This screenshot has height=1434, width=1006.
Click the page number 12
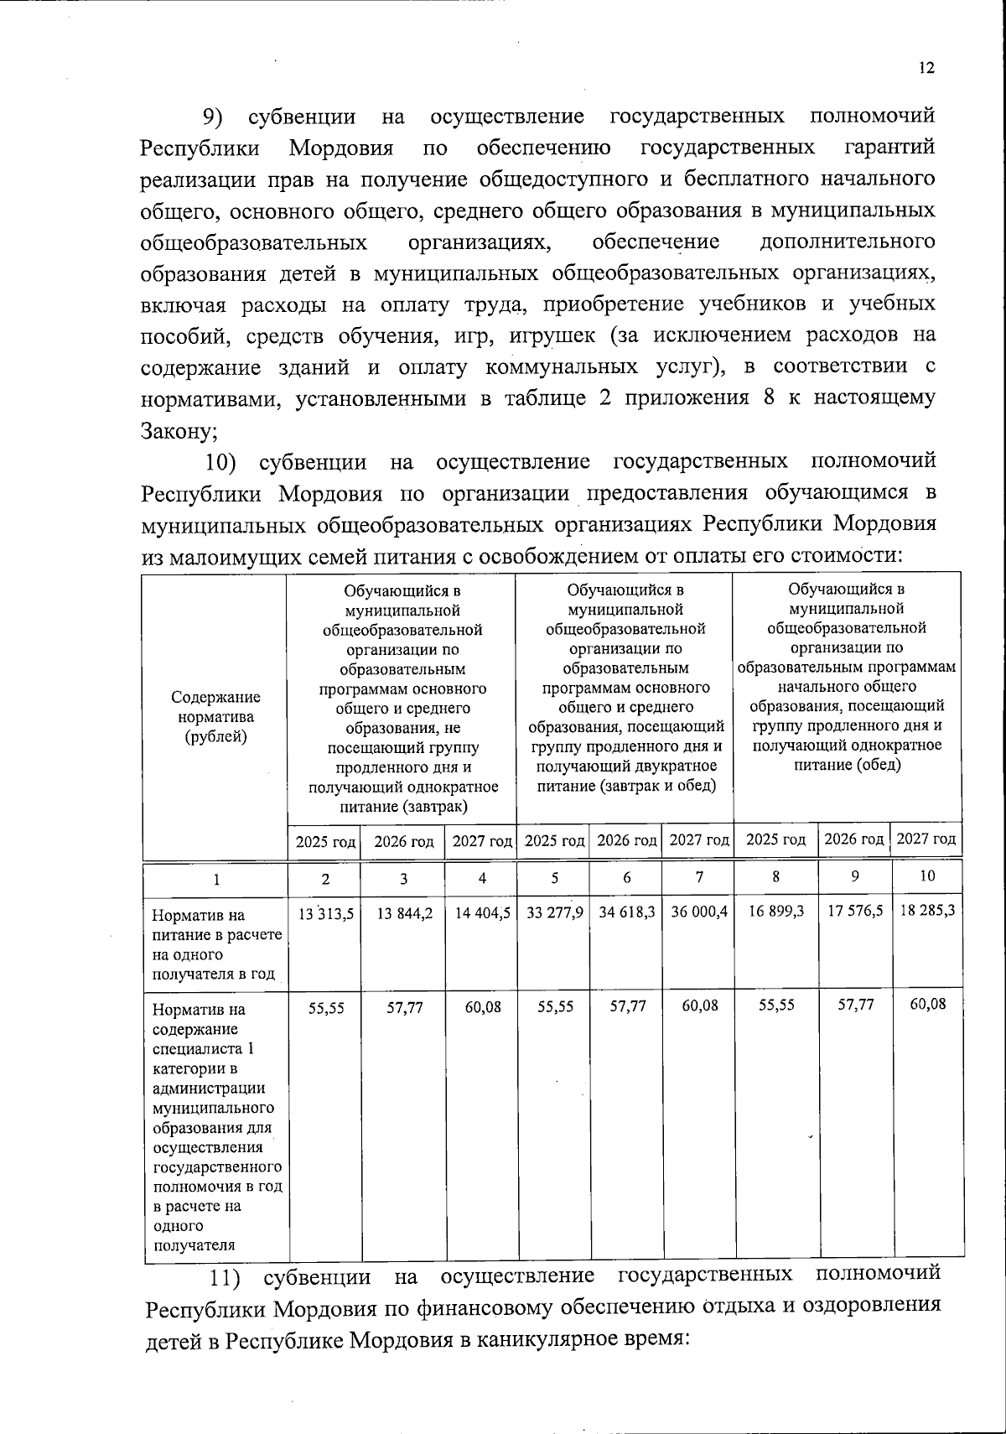(926, 69)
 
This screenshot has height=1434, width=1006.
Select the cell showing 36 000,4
(698, 912)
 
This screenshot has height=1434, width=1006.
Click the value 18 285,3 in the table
(926, 910)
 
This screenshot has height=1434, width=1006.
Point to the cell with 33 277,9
(553, 912)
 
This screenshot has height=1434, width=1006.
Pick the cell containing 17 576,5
(854, 910)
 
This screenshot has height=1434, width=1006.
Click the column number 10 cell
(926, 876)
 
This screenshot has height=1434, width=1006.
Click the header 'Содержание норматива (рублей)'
(216, 717)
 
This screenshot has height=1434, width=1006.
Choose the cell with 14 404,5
(482, 912)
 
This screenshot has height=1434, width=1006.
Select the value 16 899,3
(775, 910)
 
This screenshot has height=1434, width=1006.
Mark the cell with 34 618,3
(626, 912)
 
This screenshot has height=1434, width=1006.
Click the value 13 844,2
(404, 912)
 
